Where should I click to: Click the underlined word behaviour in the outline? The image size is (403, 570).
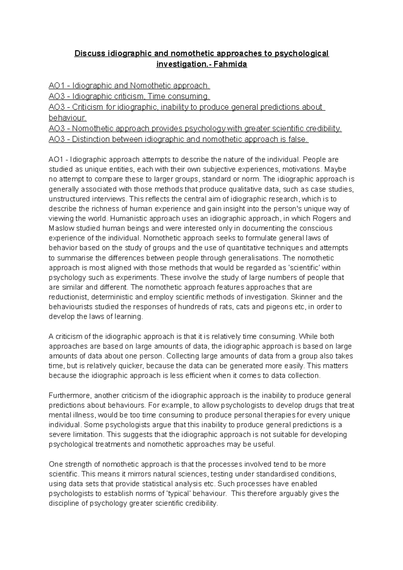coord(67,118)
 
